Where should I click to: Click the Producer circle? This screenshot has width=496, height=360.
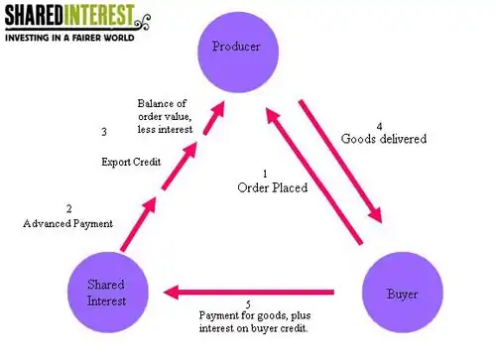pos(238,53)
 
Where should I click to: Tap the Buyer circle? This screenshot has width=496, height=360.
pos(403,293)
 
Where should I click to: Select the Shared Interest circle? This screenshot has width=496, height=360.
pos(108,293)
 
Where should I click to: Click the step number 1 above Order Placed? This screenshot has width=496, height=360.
pos(265,174)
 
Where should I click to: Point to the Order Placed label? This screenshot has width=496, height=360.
pos(273,187)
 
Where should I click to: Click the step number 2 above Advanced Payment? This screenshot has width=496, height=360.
pos(68,209)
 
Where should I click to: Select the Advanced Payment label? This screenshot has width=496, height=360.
pos(68,224)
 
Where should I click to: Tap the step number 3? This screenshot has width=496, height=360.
pos(104,132)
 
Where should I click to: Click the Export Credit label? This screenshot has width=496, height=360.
pos(131,162)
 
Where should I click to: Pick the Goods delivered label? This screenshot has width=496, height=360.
pos(384,139)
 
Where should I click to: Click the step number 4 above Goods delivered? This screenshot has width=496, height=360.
pos(380,126)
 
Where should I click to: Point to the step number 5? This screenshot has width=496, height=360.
pos(248,304)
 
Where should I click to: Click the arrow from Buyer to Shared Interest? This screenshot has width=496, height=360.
pos(249,293)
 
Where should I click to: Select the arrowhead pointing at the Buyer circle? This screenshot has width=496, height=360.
pos(376,215)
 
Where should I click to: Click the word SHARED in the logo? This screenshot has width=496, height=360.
pos(34,15)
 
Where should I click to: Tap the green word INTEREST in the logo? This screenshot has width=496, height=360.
pos(98,15)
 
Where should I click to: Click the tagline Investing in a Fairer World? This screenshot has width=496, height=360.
pos(69,38)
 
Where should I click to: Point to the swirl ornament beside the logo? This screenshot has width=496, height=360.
pos(142,22)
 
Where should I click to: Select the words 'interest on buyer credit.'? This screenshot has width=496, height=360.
pos(254,328)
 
